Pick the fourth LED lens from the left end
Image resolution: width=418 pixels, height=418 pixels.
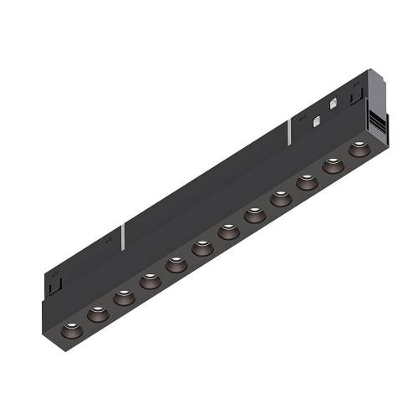click(150, 282)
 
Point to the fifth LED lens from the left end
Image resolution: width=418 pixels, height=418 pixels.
click(176, 267)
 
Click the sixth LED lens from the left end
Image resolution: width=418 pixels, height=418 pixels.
click(201, 248)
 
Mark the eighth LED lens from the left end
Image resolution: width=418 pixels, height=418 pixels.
click(255, 215)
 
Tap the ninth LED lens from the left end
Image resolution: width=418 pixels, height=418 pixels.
click(281, 199)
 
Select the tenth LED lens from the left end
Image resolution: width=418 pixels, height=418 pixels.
click(308, 181)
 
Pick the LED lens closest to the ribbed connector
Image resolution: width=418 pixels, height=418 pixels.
click(359, 149)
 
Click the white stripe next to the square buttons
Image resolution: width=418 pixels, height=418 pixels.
click(289, 130)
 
